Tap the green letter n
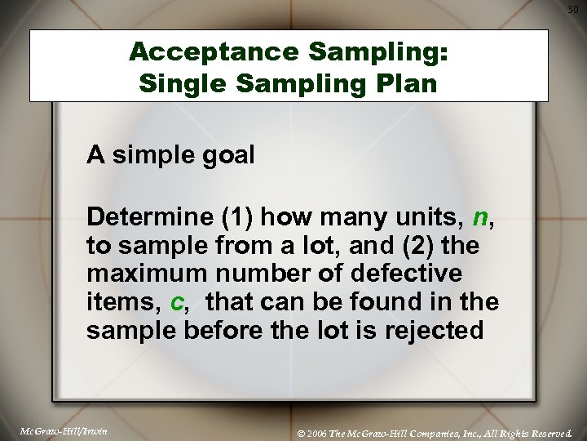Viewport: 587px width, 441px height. [480, 218]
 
